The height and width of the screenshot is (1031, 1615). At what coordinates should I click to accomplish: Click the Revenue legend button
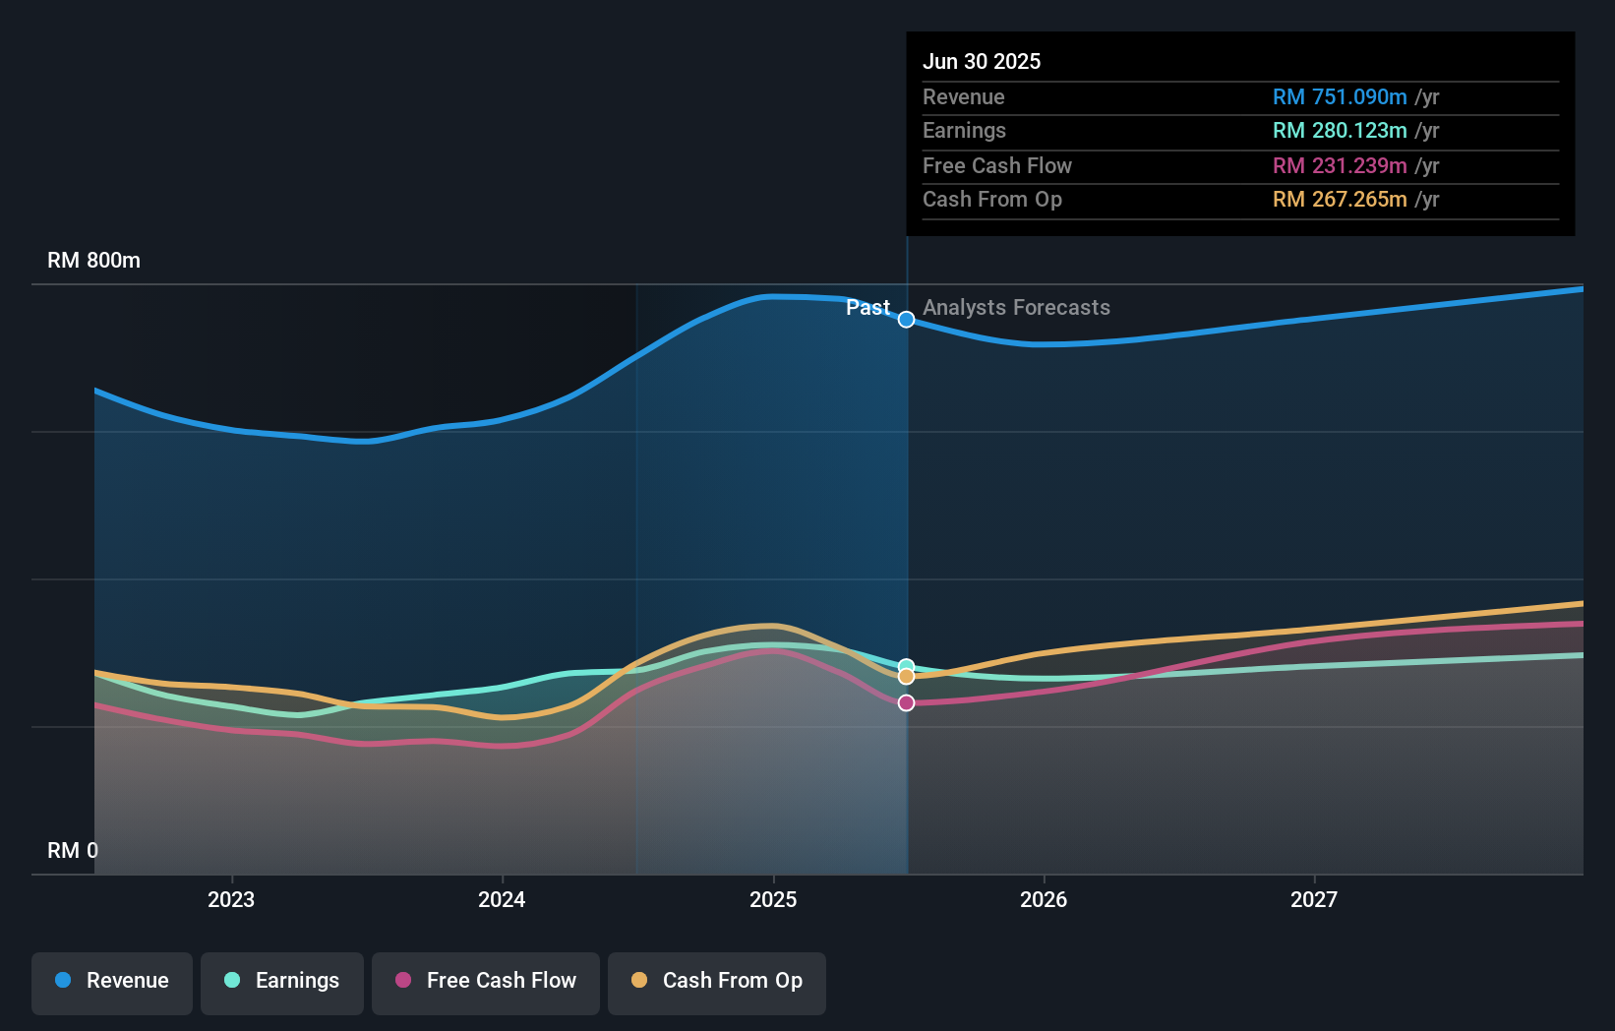point(112,981)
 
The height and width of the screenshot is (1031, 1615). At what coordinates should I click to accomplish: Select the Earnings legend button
point(282,981)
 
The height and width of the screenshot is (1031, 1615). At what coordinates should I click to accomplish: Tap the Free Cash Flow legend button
point(486,981)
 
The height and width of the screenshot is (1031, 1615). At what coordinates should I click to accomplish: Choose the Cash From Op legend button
point(717,981)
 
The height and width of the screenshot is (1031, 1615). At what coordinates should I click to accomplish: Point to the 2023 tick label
point(231,899)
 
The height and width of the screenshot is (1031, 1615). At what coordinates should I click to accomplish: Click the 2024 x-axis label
point(502,899)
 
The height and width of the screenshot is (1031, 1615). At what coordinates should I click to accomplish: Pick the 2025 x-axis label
point(773,899)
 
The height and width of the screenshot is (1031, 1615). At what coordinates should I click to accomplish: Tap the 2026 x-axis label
point(1044,899)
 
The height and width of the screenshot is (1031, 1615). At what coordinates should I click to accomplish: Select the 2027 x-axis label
point(1314,899)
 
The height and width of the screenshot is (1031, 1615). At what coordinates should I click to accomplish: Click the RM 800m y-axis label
point(94,261)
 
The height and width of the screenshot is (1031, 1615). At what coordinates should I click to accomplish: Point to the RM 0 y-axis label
point(73,850)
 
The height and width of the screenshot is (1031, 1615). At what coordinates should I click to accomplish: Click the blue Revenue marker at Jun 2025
point(907,320)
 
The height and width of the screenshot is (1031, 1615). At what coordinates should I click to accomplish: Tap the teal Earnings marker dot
point(907,666)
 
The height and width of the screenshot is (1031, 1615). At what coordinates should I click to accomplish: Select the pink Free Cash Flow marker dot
point(907,702)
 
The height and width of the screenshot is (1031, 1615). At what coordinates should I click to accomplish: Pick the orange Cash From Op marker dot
point(907,677)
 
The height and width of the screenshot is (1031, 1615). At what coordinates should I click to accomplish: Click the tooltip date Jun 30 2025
point(982,61)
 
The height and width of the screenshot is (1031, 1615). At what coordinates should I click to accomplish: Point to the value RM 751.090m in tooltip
point(1340,97)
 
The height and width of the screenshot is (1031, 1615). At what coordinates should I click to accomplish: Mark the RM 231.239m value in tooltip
point(1340,166)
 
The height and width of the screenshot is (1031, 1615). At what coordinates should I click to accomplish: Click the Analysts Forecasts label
point(1016,308)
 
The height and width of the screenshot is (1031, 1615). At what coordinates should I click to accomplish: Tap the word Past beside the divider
point(867,308)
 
